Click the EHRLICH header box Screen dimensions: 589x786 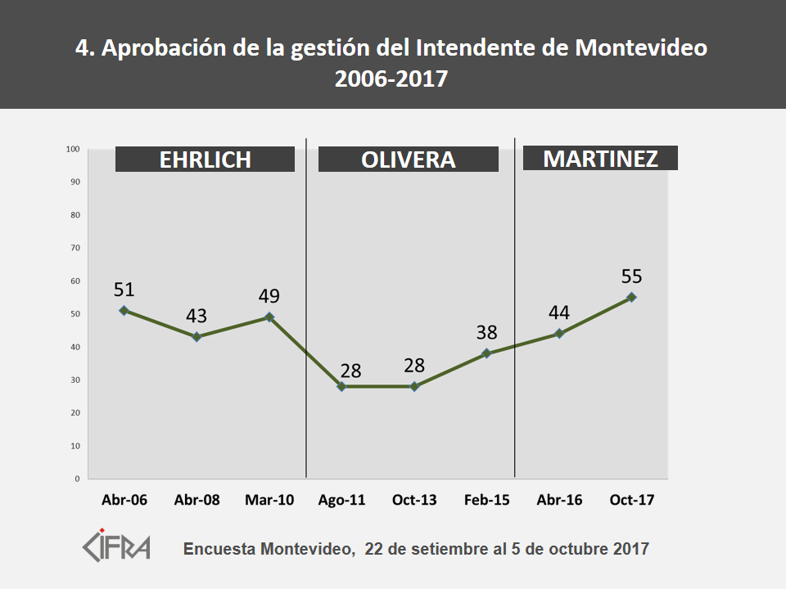click(x=205, y=159)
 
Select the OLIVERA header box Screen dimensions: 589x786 click(x=408, y=159)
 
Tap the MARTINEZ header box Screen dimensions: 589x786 click(x=600, y=158)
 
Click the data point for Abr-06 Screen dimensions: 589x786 click(x=124, y=310)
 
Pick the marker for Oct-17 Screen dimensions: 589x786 click(x=631, y=297)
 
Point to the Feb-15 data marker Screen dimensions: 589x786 click(x=486, y=353)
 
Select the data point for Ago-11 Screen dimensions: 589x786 click(x=341, y=386)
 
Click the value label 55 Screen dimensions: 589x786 click(x=631, y=277)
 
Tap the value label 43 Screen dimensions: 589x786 click(x=196, y=316)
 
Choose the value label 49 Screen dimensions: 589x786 click(x=269, y=296)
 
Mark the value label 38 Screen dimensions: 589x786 click(x=486, y=332)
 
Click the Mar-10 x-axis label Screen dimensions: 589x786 click(x=269, y=500)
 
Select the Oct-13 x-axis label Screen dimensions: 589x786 click(x=414, y=500)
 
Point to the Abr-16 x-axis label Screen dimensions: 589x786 click(x=559, y=500)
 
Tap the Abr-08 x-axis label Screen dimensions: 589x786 click(x=196, y=500)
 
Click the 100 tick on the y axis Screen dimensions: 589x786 click(x=72, y=149)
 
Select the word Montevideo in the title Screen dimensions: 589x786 click(x=641, y=48)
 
